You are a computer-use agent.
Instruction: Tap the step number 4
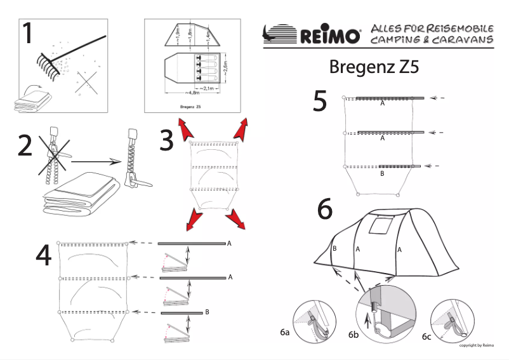(43, 255)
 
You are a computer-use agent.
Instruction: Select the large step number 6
(325, 210)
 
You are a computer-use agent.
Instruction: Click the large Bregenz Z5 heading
(374, 67)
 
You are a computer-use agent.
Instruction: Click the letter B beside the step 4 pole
(208, 312)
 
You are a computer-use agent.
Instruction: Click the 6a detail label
(284, 331)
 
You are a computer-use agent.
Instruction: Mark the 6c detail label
(426, 336)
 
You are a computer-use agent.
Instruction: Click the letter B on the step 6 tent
(334, 248)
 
